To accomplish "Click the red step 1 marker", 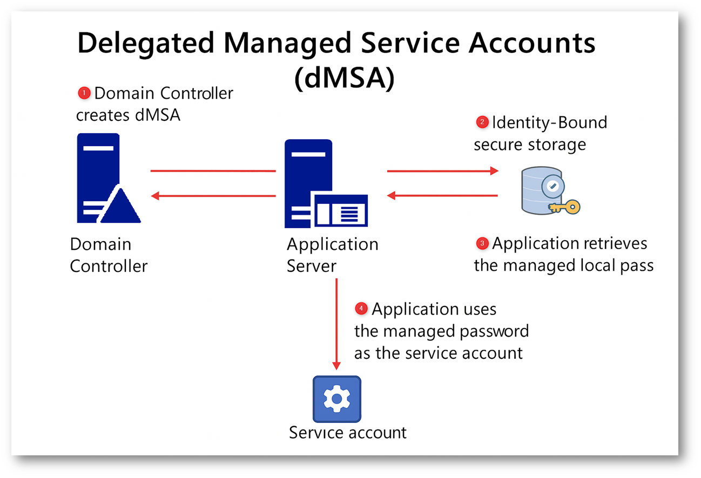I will pyautogui.click(x=84, y=93).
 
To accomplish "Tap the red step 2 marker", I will pyautogui.click(x=482, y=122).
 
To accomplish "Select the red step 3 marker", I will pyautogui.click(x=482, y=243).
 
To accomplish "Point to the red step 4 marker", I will pyautogui.click(x=361, y=309).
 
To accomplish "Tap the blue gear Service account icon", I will pyautogui.click(x=336, y=399).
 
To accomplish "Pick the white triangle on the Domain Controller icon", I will pyautogui.click(x=119, y=207).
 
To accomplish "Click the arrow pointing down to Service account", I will pyautogui.click(x=336, y=324).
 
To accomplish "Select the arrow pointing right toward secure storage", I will pyautogui.click(x=442, y=171).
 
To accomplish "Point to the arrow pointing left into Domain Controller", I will pyautogui.click(x=213, y=196).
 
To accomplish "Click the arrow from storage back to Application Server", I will pyautogui.click(x=442, y=196).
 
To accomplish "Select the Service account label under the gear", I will pyautogui.click(x=347, y=433).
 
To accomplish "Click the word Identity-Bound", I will pyautogui.click(x=549, y=122).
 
